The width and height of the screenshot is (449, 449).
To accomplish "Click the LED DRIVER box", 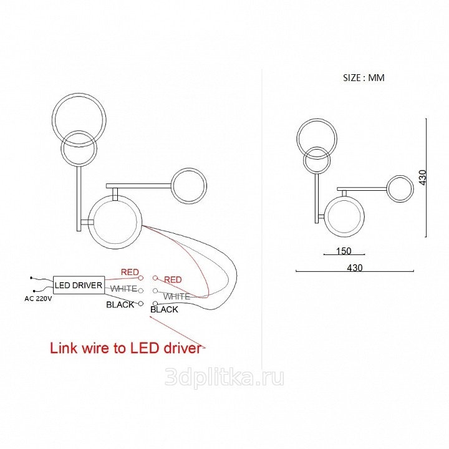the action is tap(79, 285).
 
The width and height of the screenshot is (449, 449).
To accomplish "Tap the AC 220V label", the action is tap(38, 299).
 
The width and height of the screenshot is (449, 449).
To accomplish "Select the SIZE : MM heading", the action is tap(364, 77).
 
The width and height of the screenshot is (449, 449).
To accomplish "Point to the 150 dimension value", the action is tap(344, 251).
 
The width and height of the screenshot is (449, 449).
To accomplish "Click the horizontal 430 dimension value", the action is tap(355, 268).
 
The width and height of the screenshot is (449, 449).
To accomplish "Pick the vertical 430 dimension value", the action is tap(422, 177).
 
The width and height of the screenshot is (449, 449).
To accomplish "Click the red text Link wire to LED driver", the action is tap(125, 348).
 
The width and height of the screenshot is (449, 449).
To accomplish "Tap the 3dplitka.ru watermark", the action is tap(224, 377).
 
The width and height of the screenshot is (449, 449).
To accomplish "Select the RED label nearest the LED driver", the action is tap(130, 272).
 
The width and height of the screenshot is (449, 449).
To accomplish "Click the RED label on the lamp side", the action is tap(173, 280).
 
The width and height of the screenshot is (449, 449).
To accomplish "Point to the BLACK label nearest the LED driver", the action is tap(120, 305).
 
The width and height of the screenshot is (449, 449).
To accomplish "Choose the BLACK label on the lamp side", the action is tap(164, 309).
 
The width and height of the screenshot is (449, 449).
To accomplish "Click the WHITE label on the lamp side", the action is tap(176, 296).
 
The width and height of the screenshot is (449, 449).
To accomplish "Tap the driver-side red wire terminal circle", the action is tap(140, 278).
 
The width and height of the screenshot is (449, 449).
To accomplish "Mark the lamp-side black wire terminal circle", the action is tap(155, 303).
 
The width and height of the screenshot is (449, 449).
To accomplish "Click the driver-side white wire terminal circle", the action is tap(140, 291).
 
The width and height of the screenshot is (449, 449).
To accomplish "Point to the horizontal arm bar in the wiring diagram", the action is tap(138, 186).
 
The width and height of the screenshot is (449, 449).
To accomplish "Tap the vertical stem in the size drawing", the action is tap(317, 198).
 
